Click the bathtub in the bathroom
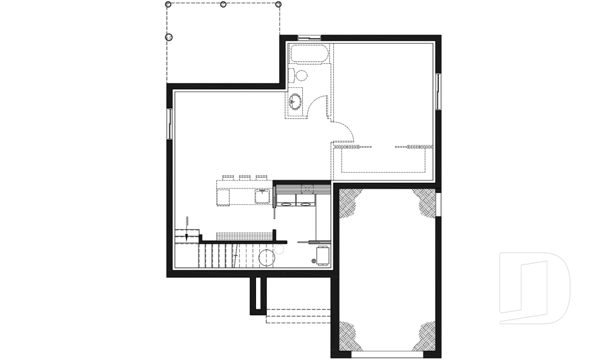[309, 53]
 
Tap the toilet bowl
[301, 76]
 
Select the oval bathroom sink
[295, 100]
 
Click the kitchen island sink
[262, 196]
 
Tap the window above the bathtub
[309, 39]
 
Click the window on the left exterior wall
[169, 123]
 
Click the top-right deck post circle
[279, 4]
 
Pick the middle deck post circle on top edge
[223, 4]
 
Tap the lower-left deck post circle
[169, 37]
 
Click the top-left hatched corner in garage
[349, 201]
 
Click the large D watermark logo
[534, 288]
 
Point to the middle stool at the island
[245, 177]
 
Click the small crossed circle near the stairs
[313, 261]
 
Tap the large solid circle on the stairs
[267, 258]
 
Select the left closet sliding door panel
[351, 147]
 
